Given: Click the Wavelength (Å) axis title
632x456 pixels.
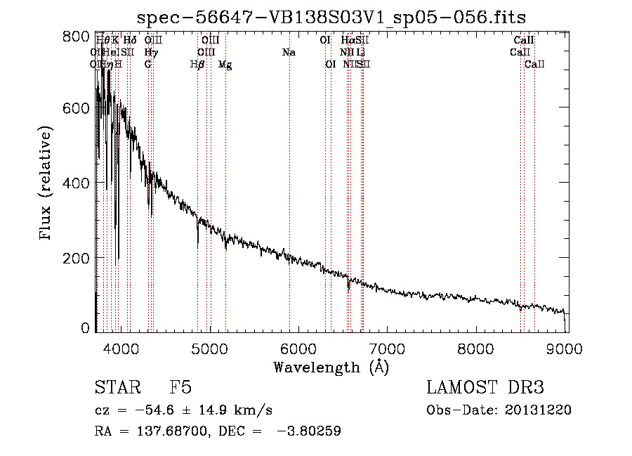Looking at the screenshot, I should pos(331,366).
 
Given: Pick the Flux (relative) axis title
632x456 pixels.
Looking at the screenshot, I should pos(47,184).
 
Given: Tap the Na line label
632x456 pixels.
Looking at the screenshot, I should pos(289,53).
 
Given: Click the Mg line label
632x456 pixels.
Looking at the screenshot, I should pos(225,65).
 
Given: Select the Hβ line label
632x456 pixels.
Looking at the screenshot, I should pos(198,65).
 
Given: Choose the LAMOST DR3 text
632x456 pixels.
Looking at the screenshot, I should pos(485,388).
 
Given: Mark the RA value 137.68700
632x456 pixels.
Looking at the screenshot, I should pos(164,431).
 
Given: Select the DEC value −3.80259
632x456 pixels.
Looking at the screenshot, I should pos(310,431).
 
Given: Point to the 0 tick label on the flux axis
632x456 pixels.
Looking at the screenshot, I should pos(86,328).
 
